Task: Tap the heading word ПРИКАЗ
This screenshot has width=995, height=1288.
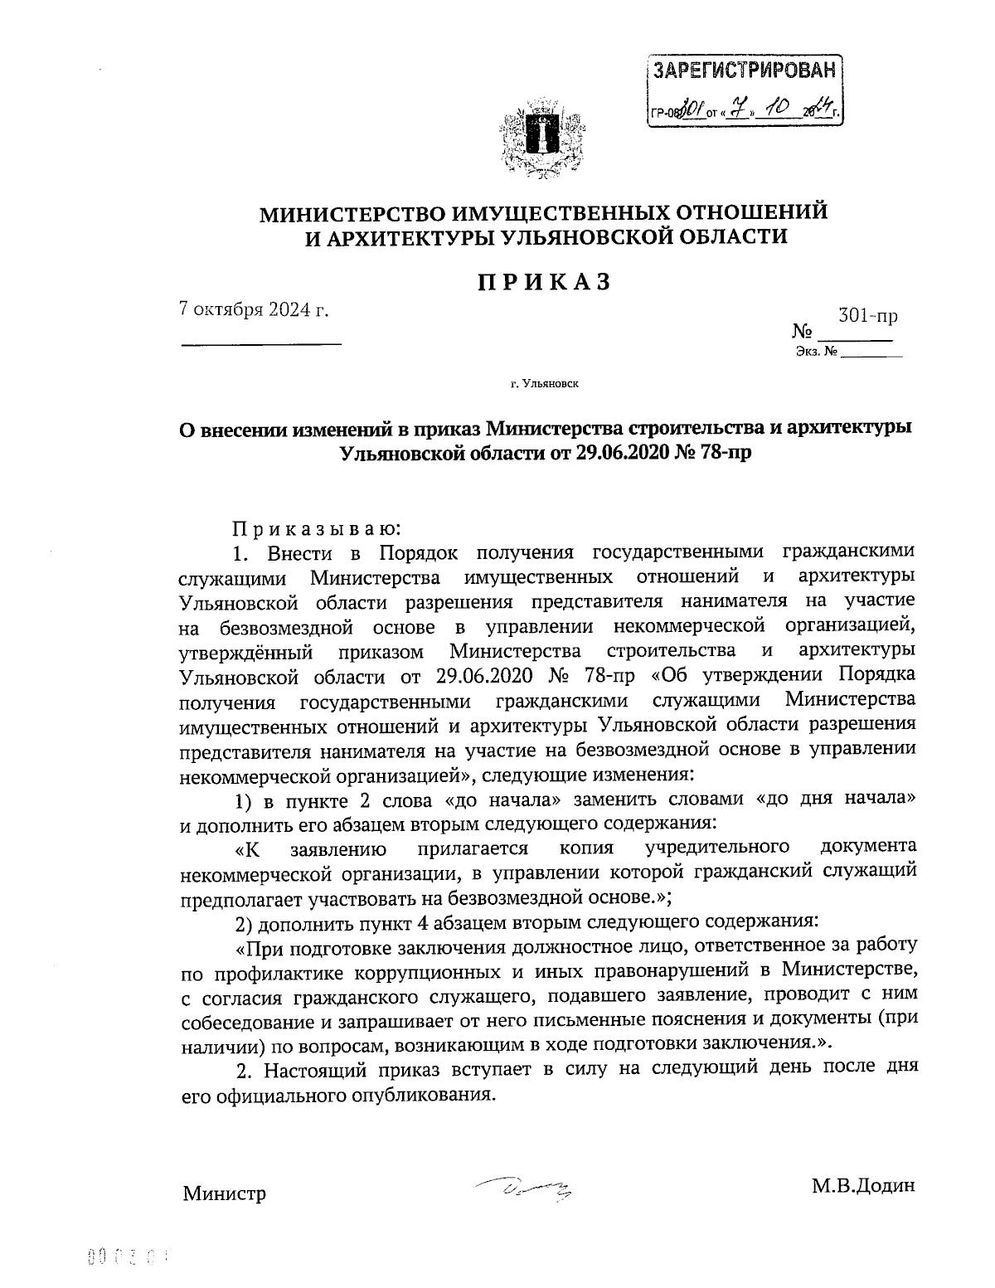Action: tap(544, 282)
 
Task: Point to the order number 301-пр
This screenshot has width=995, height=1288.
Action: tap(868, 316)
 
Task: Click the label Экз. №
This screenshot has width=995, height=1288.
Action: tap(816, 352)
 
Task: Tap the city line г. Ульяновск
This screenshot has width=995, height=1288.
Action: tap(544, 384)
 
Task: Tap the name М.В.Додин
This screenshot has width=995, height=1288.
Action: tap(863, 1185)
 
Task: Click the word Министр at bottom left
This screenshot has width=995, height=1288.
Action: tap(224, 1194)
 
